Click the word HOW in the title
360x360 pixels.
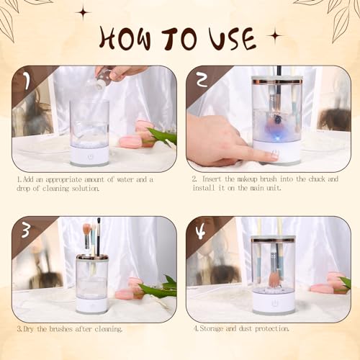point(125,38)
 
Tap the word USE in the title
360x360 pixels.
point(231,38)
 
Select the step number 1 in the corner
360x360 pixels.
point(27,81)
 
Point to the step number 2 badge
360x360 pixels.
point(202,80)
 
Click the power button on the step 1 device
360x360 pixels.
point(90,157)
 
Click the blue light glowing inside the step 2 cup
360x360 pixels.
point(276,139)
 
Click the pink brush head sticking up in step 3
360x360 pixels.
point(86,229)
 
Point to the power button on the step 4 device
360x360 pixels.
point(274,303)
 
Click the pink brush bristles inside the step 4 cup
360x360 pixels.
point(274,279)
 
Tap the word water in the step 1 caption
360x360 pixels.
point(125,179)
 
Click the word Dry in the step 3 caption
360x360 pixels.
point(28,329)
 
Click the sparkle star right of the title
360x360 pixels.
point(275,36)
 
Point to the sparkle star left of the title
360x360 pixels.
point(84,12)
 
